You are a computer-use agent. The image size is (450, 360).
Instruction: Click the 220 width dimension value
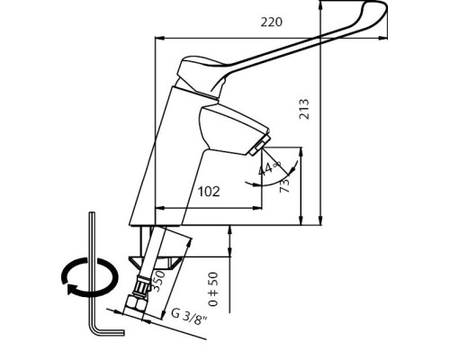coord(272,22)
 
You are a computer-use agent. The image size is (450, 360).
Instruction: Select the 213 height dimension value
coord(304,109)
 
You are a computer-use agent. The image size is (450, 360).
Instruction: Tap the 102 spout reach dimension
coord(209,192)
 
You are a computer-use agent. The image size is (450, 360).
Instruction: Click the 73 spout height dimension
coord(284,185)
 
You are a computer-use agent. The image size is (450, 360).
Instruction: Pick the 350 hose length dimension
coord(157,281)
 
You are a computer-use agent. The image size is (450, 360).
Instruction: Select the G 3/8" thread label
coord(189,316)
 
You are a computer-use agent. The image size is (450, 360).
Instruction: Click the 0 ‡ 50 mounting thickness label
coord(213,289)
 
